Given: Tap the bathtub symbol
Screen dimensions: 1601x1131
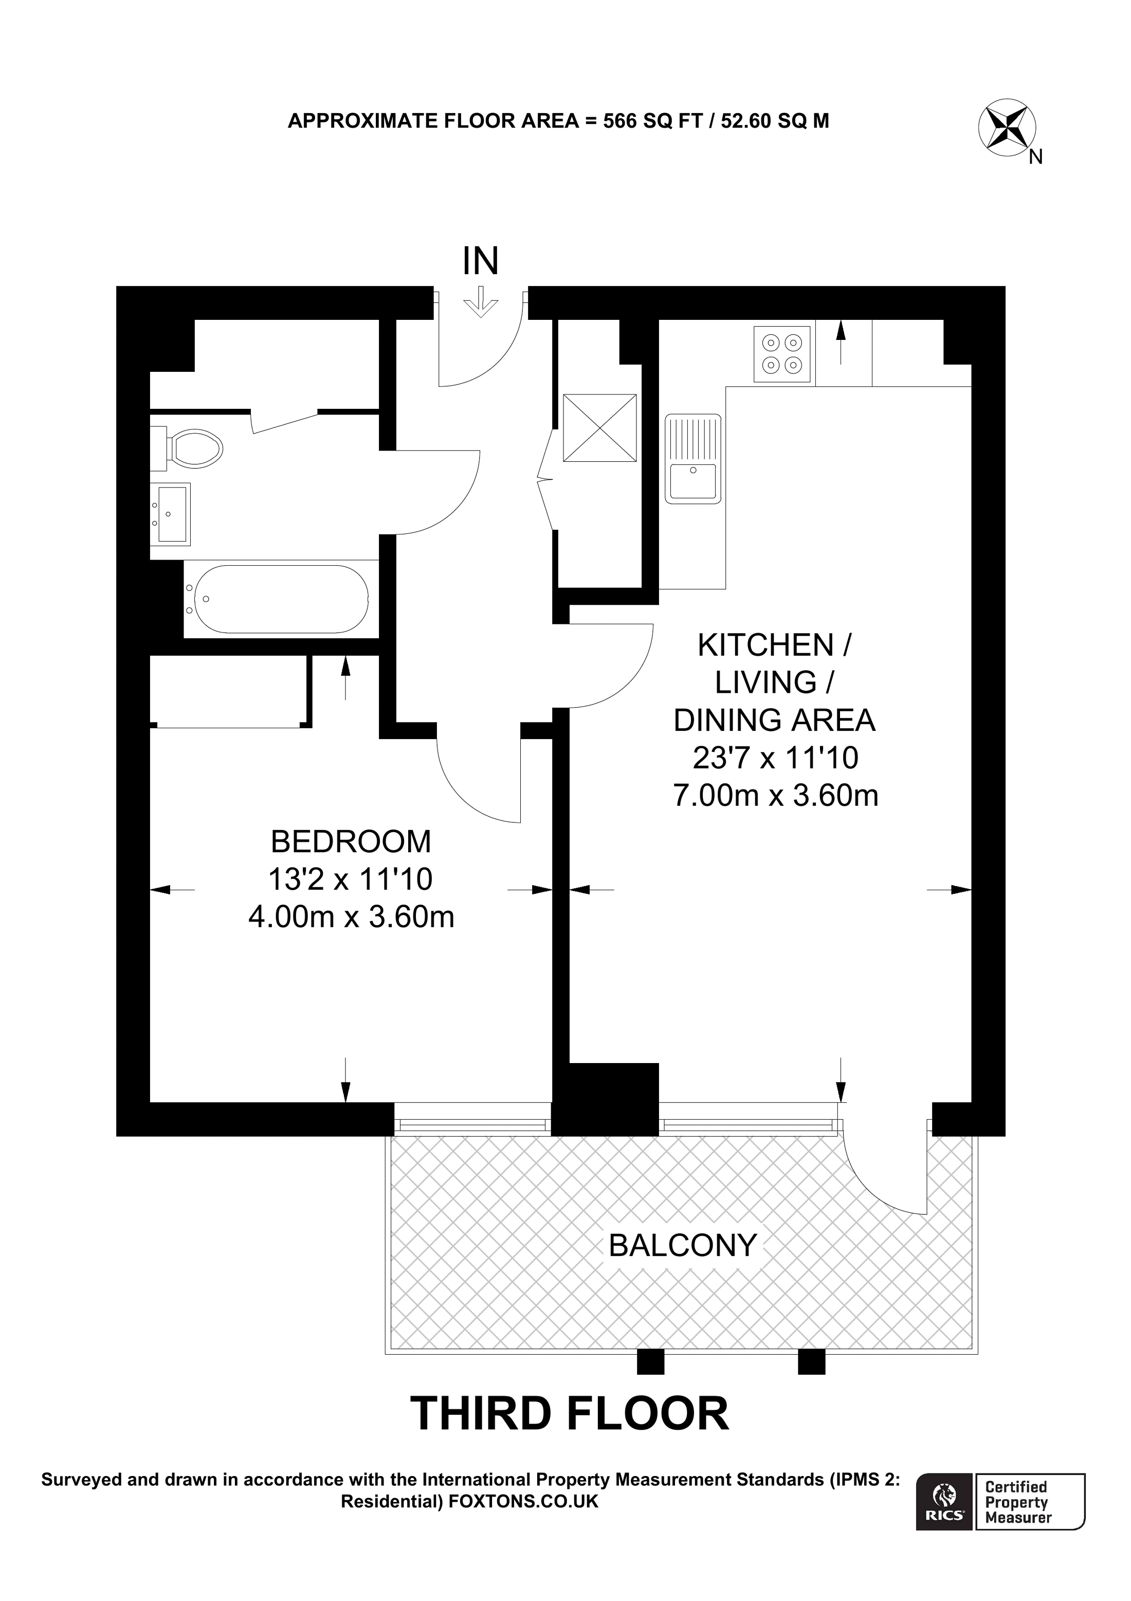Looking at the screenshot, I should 281,599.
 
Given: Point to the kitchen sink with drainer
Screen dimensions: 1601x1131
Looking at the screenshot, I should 692,458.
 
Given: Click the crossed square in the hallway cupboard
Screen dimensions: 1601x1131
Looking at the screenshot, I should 599,427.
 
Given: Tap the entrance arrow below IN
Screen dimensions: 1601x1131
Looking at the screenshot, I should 481,304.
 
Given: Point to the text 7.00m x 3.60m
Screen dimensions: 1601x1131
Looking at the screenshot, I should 775,796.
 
